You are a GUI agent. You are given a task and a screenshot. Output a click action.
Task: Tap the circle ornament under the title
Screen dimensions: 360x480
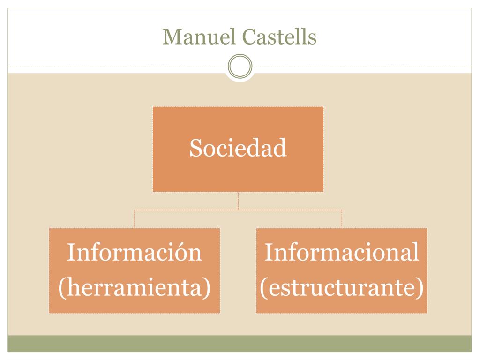pyautogui.click(x=240, y=67)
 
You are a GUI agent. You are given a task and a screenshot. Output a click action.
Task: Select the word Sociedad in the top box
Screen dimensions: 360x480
pyautogui.click(x=238, y=148)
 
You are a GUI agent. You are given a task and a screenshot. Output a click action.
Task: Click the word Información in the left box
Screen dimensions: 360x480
pyautogui.click(x=134, y=253)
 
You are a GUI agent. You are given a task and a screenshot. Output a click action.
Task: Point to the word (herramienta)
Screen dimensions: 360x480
pyautogui.click(x=134, y=288)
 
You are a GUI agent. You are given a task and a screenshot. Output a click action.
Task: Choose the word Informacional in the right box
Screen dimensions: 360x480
pyautogui.click(x=341, y=253)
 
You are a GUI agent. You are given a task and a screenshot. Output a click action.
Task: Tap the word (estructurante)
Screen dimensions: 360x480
pyautogui.click(x=341, y=288)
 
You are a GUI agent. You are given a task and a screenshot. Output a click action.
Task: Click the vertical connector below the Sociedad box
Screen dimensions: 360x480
pyautogui.click(x=238, y=201)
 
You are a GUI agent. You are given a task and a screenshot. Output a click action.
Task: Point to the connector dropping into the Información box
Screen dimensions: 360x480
pyautogui.click(x=135, y=219)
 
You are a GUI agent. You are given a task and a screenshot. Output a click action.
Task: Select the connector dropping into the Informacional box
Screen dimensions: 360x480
pyautogui.click(x=342, y=219)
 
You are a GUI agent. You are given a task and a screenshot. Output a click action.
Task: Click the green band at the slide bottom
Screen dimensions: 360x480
pyautogui.click(x=240, y=343)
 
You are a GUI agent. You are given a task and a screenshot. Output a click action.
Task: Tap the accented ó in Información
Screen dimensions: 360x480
pyautogui.click(x=180, y=254)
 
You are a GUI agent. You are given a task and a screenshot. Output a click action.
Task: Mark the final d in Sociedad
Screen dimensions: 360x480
pyautogui.click(x=280, y=149)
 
